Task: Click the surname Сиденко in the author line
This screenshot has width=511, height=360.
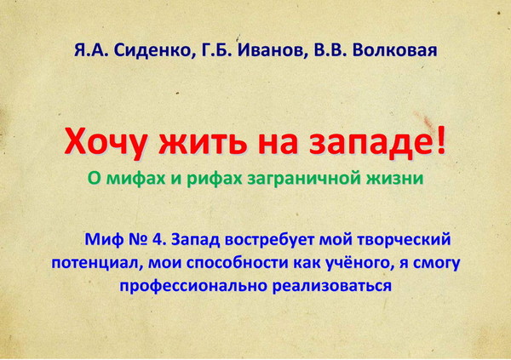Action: (152, 51)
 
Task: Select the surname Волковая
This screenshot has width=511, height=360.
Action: (394, 50)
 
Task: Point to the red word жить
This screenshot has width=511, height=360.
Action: (203, 143)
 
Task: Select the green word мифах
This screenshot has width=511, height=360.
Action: (136, 178)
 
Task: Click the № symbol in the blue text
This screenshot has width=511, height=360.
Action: (138, 239)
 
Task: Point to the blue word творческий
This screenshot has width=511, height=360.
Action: (404, 240)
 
